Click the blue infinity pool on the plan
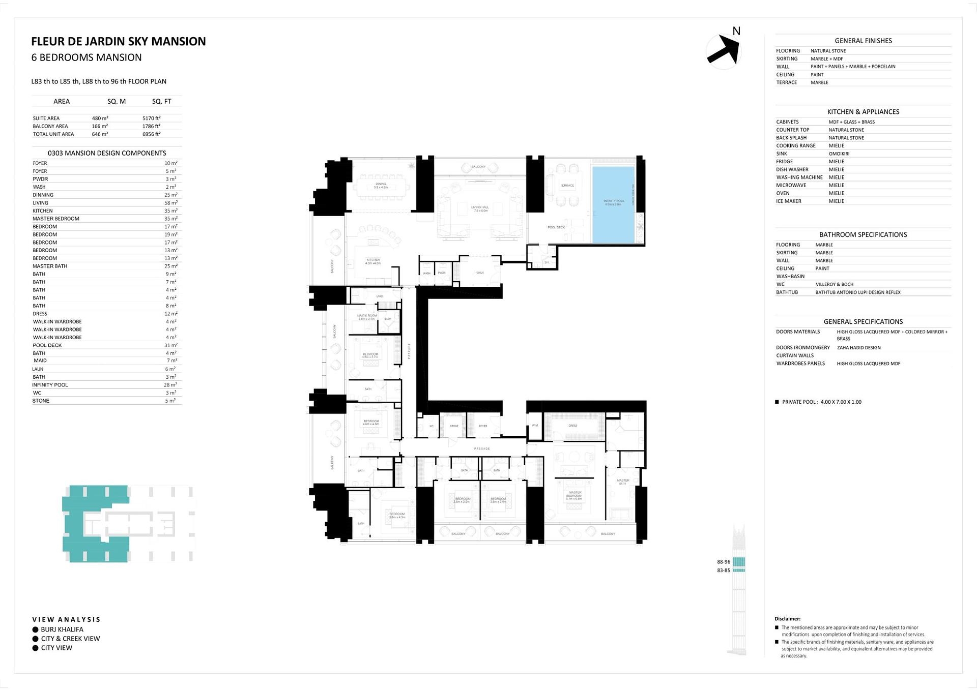point(613,203)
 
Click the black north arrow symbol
point(723,50)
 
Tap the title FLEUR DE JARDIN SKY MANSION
point(119,41)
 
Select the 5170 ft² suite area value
point(152,118)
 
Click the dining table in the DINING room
point(381,186)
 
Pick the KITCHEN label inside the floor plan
point(373,261)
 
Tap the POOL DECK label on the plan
point(556,227)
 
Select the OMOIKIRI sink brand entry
point(839,154)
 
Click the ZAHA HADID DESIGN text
point(858,348)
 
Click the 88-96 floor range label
point(723,562)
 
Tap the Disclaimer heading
point(787,619)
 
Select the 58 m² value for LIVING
point(170,203)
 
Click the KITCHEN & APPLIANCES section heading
point(863,112)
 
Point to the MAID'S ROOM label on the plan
point(366,317)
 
